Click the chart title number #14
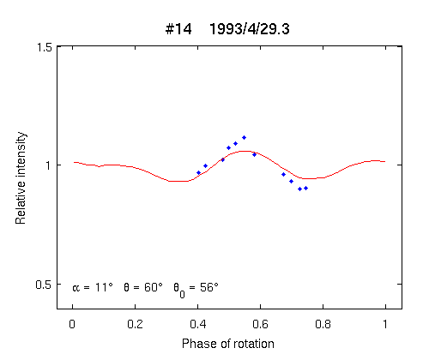pos(178,29)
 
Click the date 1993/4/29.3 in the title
pos(250,29)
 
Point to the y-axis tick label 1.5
pos(45,47)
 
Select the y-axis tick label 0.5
pos(43,285)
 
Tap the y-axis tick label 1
pos(49,165)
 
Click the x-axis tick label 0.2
pos(135,324)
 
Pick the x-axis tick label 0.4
pos(198,324)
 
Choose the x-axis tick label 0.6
pos(260,324)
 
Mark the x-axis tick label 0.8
pos(323,324)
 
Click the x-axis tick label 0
pos(72,324)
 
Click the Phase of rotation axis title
pos(228,344)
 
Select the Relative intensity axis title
pos(21,178)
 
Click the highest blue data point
pos(244,138)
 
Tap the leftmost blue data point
pos(198,173)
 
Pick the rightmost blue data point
pos(305,189)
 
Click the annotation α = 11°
pos(93,287)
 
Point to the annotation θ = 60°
pos(143,287)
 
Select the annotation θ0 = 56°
pos(196,290)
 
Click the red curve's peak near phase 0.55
pos(245,151)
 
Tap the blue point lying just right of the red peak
pos(254,155)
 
